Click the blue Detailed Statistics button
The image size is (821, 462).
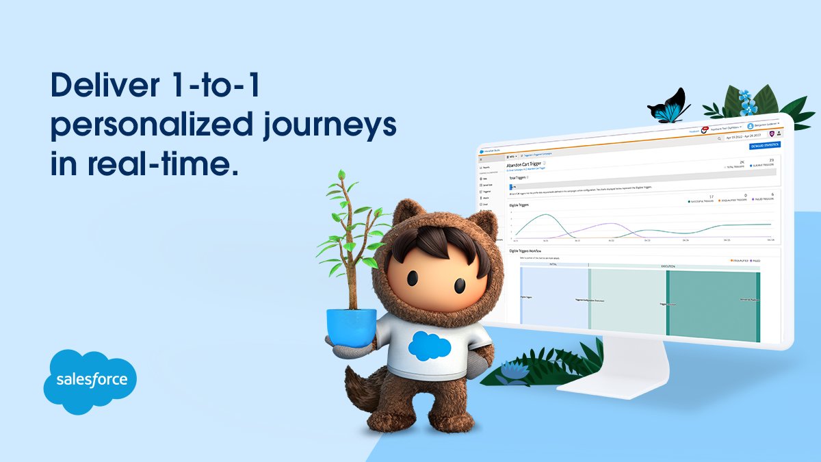point(764,146)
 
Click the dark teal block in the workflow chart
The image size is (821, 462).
point(712,305)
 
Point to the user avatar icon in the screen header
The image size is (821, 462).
point(750,126)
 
